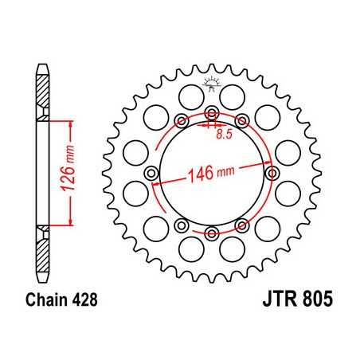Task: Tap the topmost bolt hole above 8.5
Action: pyautogui.click(x=212, y=112)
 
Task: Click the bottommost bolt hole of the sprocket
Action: pyautogui.click(x=212, y=233)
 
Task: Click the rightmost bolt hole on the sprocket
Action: pyautogui.click(x=272, y=173)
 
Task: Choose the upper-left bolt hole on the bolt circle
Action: pyautogui.click(x=182, y=121)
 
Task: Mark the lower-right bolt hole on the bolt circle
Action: pyautogui.click(x=242, y=224)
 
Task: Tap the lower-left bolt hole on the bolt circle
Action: pyautogui.click(x=182, y=224)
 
